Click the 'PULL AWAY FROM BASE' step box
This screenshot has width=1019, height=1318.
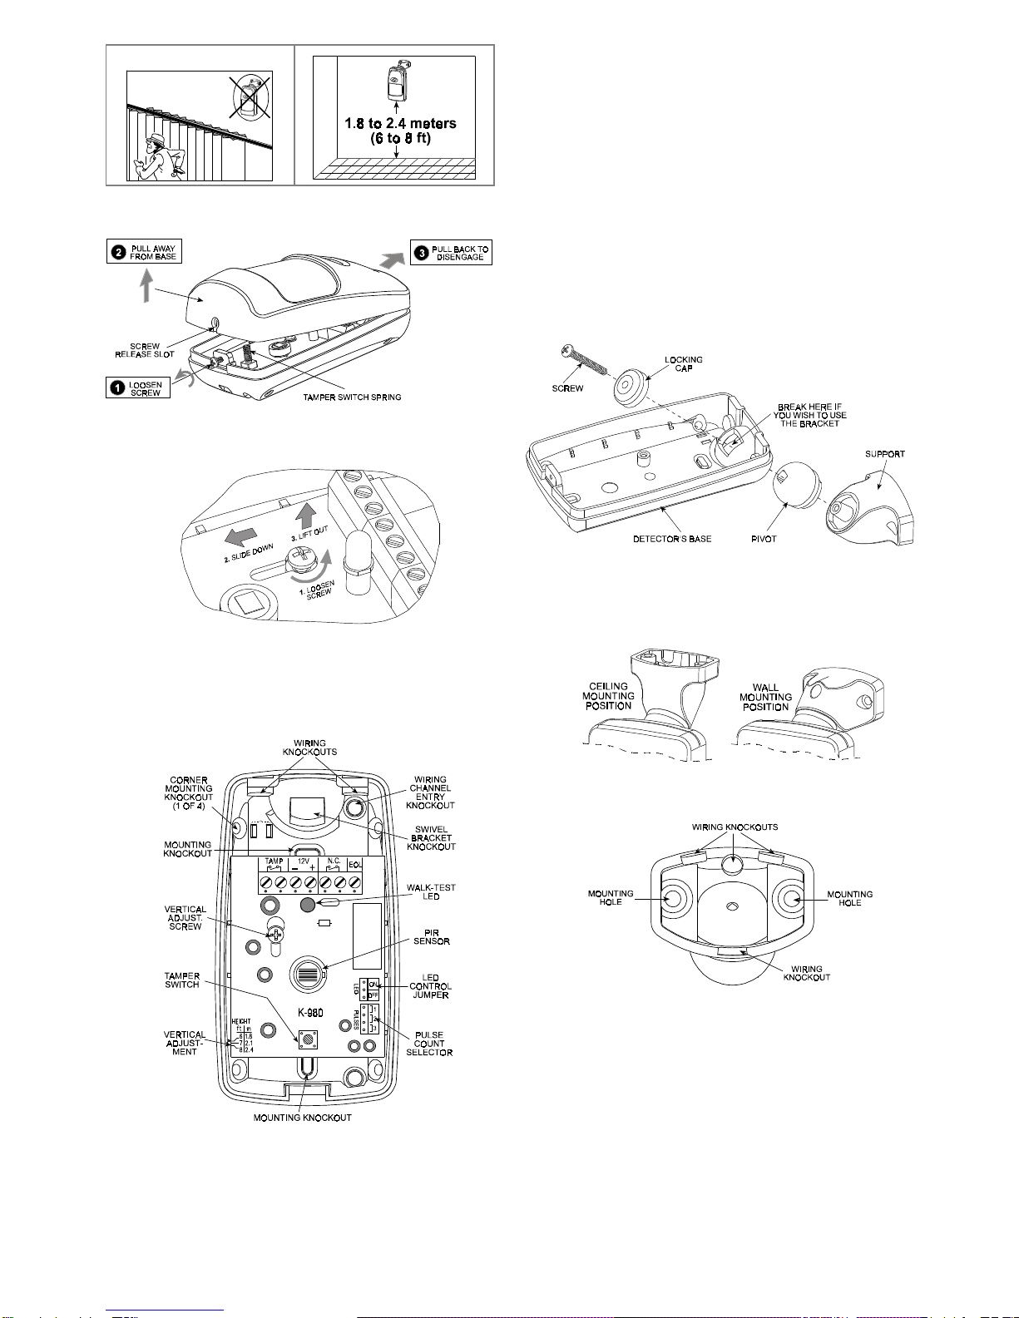(x=144, y=252)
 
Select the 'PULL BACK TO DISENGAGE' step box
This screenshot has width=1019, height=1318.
(x=452, y=253)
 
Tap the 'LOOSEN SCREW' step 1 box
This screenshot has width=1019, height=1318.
(x=138, y=388)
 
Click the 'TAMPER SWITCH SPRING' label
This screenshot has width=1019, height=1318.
(x=352, y=397)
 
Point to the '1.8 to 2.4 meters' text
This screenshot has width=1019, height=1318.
(x=400, y=124)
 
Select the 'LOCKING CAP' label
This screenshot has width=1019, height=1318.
(x=683, y=363)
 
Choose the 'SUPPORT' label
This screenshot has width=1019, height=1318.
(x=884, y=454)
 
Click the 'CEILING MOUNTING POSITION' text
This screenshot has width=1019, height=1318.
(x=608, y=696)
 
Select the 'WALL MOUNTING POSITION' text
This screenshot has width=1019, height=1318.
(x=765, y=697)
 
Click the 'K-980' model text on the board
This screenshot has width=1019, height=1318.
(x=309, y=1013)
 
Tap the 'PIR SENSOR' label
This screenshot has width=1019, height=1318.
(x=431, y=937)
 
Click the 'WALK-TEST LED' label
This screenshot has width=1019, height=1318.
(x=431, y=891)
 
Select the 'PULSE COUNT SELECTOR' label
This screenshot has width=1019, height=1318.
(x=429, y=1044)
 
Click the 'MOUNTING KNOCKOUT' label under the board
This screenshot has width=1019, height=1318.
(x=302, y=1118)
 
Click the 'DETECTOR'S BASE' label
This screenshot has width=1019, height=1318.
(x=672, y=539)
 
